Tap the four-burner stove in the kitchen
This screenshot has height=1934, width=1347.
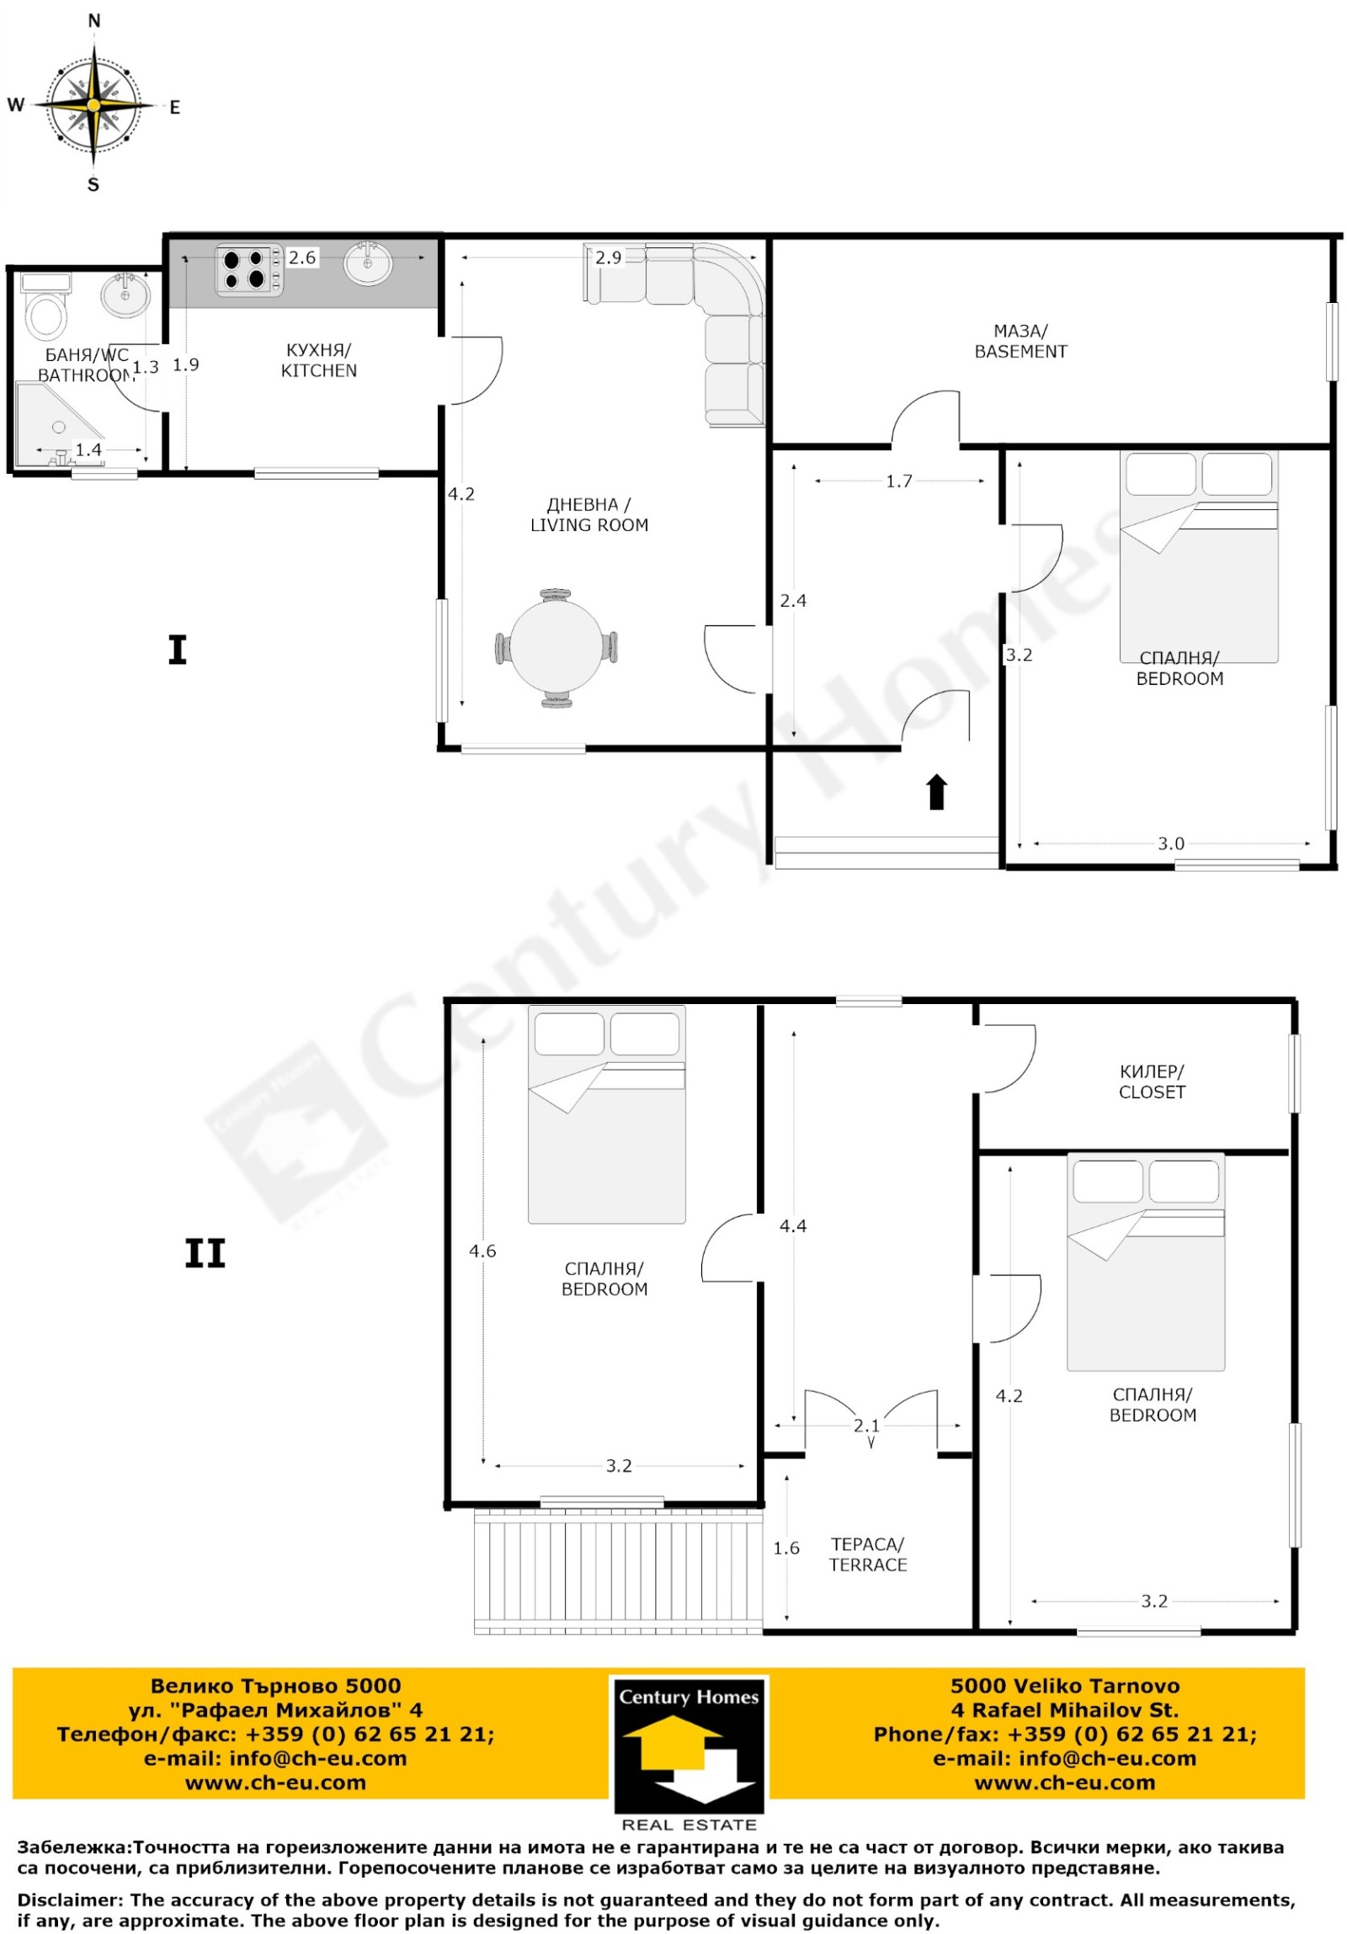tap(249, 269)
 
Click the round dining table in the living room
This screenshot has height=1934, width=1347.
tap(556, 648)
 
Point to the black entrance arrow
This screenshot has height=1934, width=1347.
tap(936, 791)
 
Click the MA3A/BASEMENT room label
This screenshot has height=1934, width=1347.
tap(1020, 341)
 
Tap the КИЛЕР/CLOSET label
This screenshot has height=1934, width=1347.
tap(1152, 1081)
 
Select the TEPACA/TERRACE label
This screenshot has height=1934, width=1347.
tap(868, 1554)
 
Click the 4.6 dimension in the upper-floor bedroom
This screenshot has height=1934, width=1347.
tap(482, 1251)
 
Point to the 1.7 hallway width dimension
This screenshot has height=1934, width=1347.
tap(899, 481)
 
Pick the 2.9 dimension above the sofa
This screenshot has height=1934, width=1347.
tap(608, 258)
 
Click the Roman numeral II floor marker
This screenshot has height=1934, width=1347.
tap(205, 1253)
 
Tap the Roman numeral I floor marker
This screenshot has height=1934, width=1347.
tap(177, 651)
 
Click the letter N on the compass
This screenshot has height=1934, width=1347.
tap(93, 21)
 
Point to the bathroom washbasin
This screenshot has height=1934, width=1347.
tap(125, 295)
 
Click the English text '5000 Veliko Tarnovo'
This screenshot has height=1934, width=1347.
tap(1065, 1686)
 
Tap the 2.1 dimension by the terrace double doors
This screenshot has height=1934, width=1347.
tap(866, 1425)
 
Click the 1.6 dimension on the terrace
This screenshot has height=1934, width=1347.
tap(786, 1548)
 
